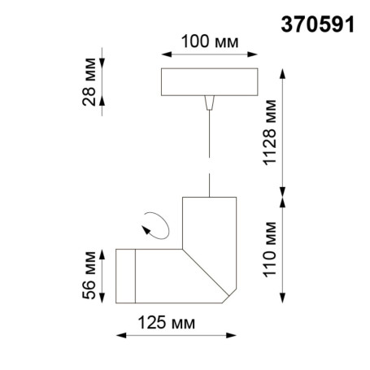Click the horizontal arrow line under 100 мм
tap(211, 55)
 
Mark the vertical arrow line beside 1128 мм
tap(283, 132)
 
